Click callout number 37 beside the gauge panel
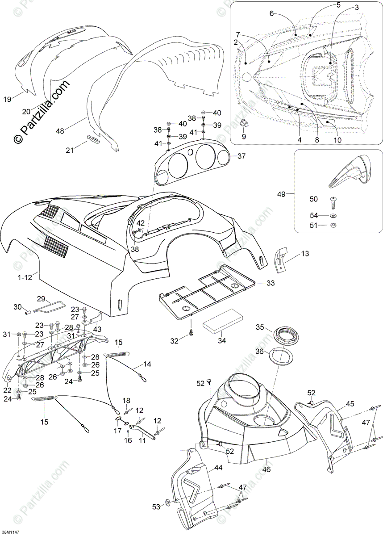pyautogui.click(x=241, y=156)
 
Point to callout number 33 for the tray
pyautogui.click(x=271, y=283)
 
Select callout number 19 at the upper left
pyautogui.click(x=8, y=99)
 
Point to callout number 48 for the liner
pyautogui.click(x=60, y=131)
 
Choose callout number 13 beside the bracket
pyautogui.click(x=304, y=254)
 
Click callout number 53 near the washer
pyautogui.click(x=156, y=507)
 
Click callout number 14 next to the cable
pyautogui.click(x=147, y=364)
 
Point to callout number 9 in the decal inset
pyautogui.click(x=244, y=137)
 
